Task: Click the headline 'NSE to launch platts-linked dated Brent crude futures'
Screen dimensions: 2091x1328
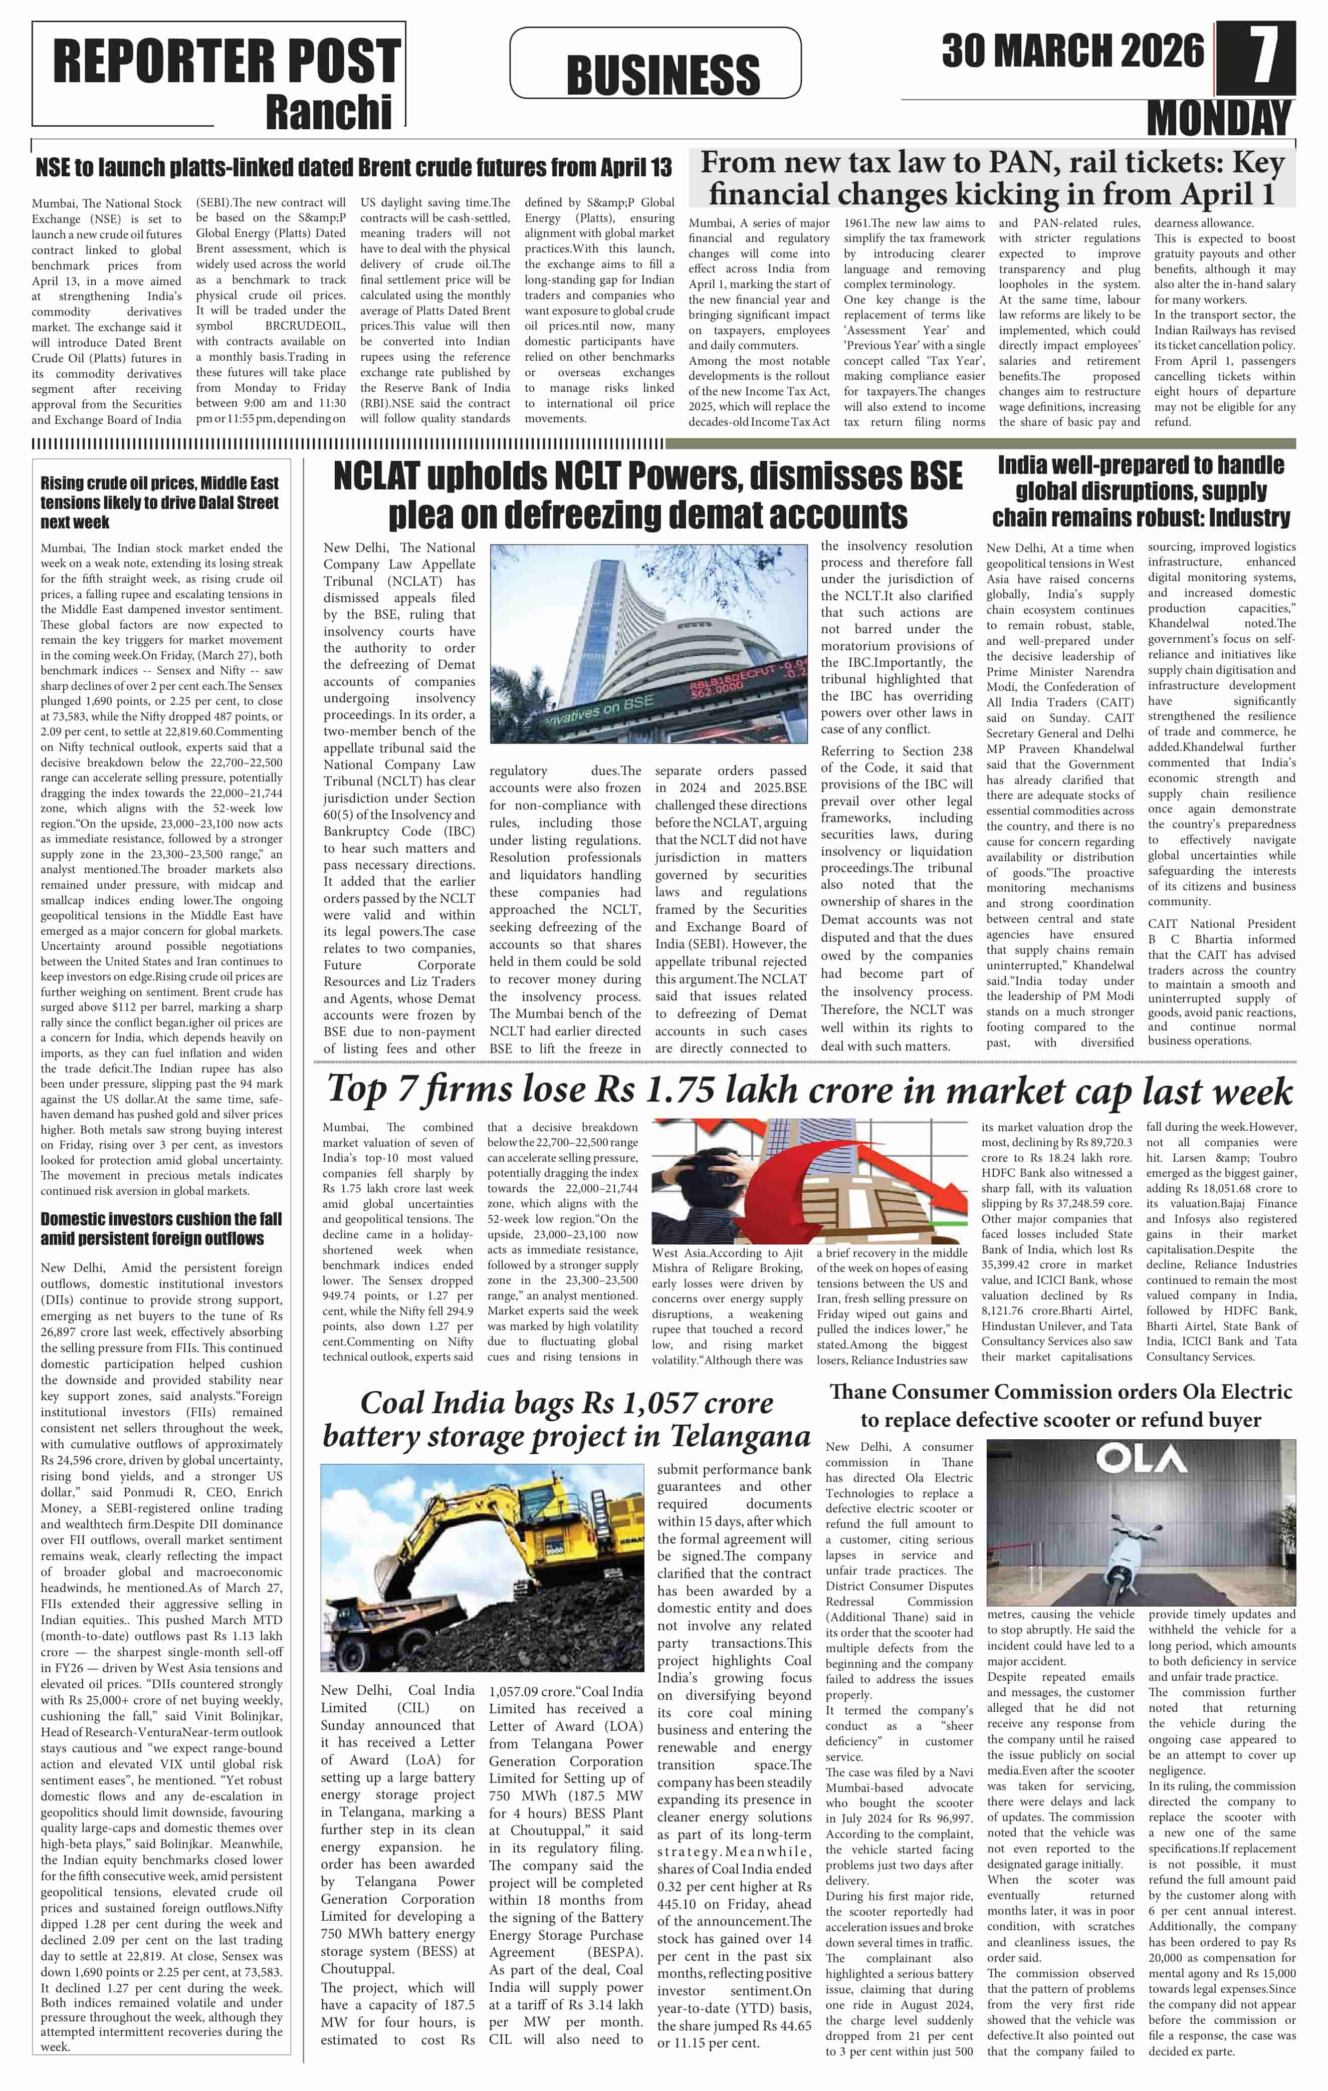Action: [x=353, y=168]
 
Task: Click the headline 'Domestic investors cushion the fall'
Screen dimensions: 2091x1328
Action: [x=161, y=1228]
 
